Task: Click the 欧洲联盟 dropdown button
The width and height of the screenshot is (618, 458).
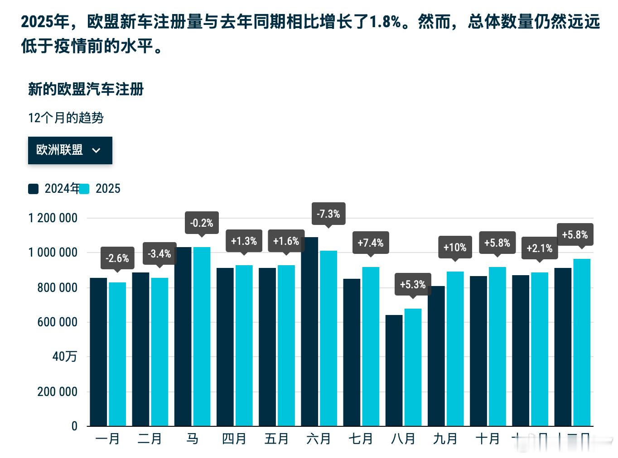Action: click(x=70, y=150)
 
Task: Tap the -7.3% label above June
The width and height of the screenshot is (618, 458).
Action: click(x=328, y=214)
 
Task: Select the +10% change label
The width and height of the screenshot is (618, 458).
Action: click(x=455, y=247)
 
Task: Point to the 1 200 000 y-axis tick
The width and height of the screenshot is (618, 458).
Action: click(x=53, y=218)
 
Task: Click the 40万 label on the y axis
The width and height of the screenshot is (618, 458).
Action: click(x=65, y=357)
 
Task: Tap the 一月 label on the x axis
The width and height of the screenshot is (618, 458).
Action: click(x=108, y=439)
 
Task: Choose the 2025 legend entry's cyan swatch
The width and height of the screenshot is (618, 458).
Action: click(x=84, y=189)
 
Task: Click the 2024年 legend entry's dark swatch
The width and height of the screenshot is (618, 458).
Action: click(x=34, y=189)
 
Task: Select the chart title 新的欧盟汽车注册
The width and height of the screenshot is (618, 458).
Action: click(x=86, y=89)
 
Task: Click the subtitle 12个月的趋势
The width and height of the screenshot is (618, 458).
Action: click(x=66, y=118)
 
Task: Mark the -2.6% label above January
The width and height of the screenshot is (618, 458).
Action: click(x=117, y=258)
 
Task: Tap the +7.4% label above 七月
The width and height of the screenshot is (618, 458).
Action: click(x=371, y=243)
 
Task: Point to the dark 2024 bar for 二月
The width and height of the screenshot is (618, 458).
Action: click(x=140, y=349)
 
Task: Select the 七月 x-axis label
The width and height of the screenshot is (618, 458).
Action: click(x=361, y=439)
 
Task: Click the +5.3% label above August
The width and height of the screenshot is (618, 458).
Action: click(x=413, y=284)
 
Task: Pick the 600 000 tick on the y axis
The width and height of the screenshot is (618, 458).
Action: click(x=58, y=322)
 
